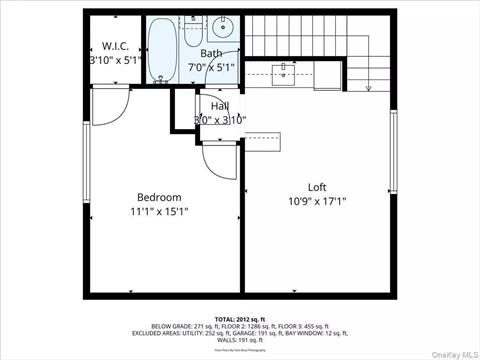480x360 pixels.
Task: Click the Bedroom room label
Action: coord(159,197)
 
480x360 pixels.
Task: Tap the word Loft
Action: coord(316,187)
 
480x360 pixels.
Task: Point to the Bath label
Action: coord(212,54)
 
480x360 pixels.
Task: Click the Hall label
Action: coord(220,106)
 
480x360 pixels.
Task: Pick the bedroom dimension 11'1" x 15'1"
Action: coord(159,211)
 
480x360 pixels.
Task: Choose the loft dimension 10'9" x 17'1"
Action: coord(317,201)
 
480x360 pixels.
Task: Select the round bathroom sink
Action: coord(223,27)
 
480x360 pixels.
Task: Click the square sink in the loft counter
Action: coord(286,71)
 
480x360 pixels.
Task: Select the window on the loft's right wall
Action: coord(394,151)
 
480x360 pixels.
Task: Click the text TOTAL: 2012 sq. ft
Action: coord(239,320)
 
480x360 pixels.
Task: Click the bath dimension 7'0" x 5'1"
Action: coord(215,68)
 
